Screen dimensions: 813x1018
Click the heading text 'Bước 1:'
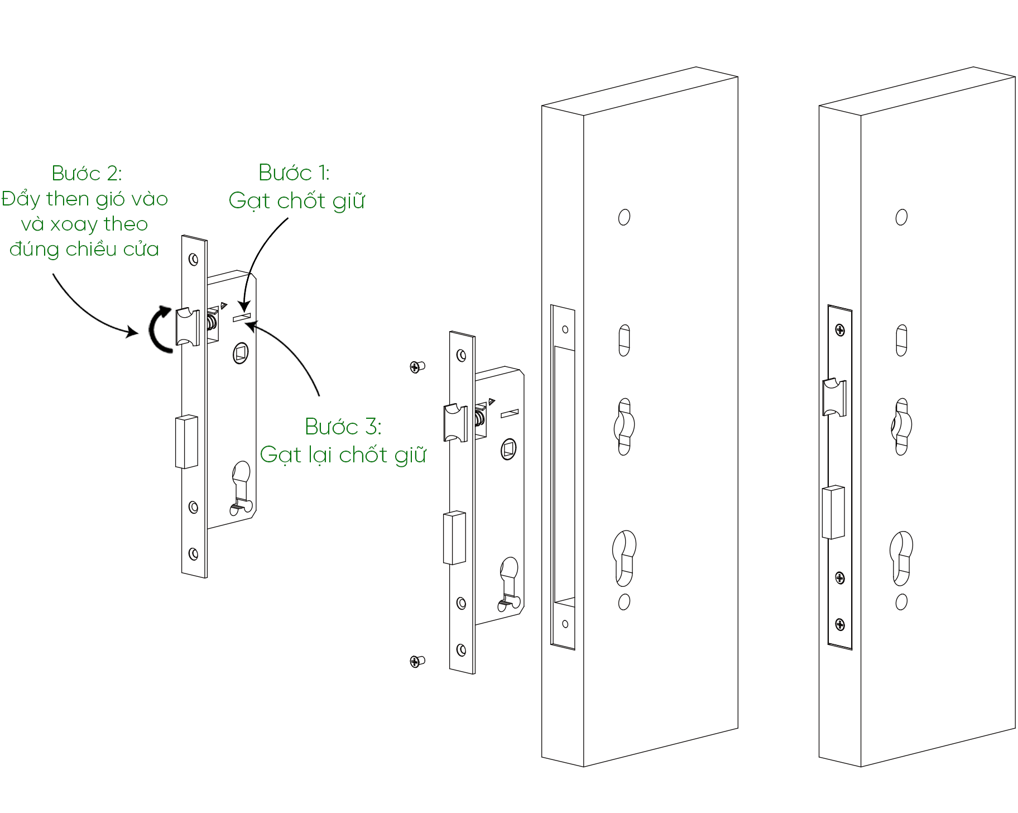[294, 173]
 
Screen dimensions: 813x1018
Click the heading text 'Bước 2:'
[87, 174]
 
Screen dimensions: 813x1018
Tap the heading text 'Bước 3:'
[343, 427]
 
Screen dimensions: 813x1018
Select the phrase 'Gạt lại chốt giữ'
[343, 455]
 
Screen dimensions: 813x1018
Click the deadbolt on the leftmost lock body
[186, 442]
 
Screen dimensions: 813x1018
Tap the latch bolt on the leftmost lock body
[187, 327]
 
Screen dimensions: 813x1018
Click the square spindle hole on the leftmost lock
[241, 353]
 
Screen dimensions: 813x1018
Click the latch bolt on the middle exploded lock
[455, 423]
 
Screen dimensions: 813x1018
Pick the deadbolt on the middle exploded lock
[454, 538]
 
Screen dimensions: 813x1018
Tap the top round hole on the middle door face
[624, 217]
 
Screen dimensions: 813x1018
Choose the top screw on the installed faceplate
[839, 331]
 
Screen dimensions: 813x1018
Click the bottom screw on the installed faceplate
[839, 624]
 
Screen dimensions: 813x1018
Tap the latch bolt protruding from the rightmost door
[834, 397]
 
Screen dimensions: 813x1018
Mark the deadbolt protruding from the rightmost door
[833, 512]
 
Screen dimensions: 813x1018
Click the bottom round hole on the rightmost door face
[901, 602]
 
